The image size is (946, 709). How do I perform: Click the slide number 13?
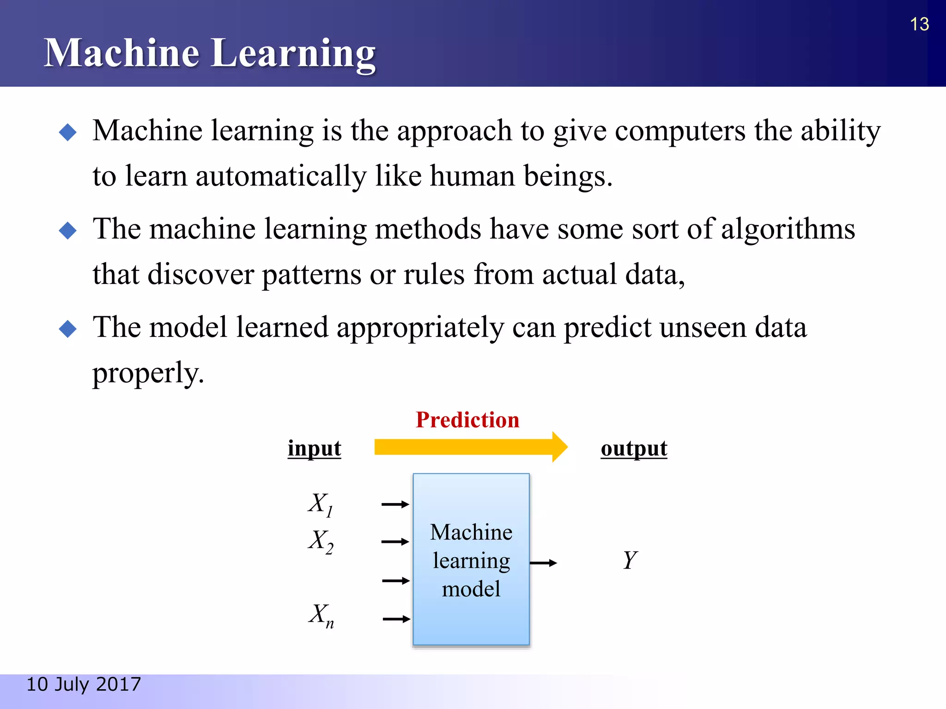pyautogui.click(x=919, y=24)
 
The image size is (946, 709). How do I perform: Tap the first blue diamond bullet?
pyautogui.click(x=68, y=132)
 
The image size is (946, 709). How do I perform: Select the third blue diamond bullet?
pyautogui.click(x=68, y=329)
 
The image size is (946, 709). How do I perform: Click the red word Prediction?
pyautogui.click(x=467, y=420)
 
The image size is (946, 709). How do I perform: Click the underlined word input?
pyautogui.click(x=314, y=448)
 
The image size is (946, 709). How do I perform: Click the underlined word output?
pyautogui.click(x=634, y=448)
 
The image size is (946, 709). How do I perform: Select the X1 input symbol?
pyautogui.click(x=320, y=504)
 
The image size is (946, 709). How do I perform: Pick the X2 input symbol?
pyautogui.click(x=320, y=541)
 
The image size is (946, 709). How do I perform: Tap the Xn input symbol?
pyautogui.click(x=321, y=615)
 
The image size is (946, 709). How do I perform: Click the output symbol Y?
pyautogui.click(x=630, y=560)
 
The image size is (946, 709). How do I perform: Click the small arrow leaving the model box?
pyautogui.click(x=543, y=563)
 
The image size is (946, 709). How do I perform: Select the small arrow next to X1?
pyautogui.click(x=395, y=505)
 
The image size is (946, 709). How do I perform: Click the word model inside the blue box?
pyautogui.click(x=471, y=589)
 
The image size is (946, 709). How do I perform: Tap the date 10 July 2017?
pyautogui.click(x=84, y=684)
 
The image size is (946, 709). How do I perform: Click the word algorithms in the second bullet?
pyautogui.click(x=788, y=229)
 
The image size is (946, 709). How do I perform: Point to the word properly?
pyautogui.click(x=148, y=373)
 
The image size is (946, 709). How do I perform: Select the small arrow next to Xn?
pyautogui.click(x=396, y=619)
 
